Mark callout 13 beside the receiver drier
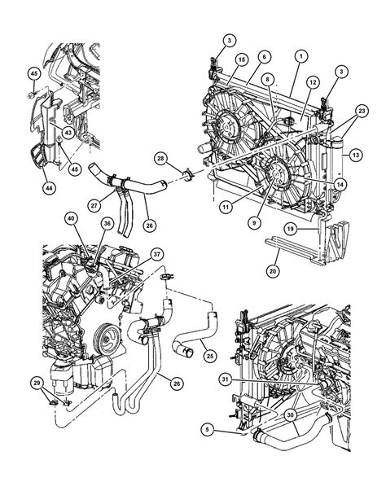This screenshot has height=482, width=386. pyautogui.click(x=357, y=154)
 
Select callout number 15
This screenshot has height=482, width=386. pyautogui.click(x=241, y=60)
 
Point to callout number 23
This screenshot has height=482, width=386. pyautogui.click(x=362, y=111)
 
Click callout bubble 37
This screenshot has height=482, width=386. pyautogui.click(x=157, y=252)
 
